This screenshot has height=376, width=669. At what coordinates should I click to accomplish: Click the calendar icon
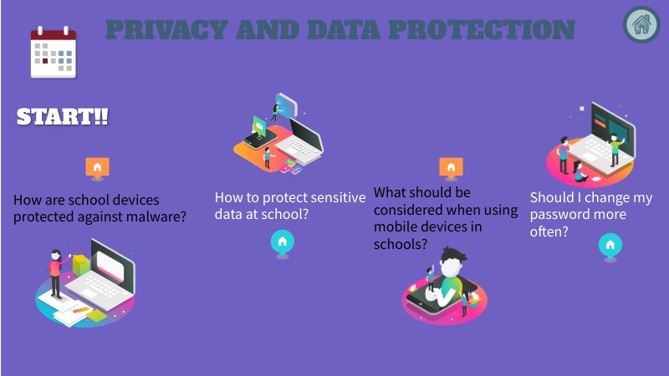(53, 53)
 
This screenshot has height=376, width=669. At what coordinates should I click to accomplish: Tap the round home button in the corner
(641, 24)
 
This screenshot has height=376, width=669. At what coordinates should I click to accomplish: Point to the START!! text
(63, 117)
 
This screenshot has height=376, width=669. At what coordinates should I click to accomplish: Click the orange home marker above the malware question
(98, 167)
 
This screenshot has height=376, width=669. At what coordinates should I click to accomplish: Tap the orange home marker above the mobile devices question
(452, 167)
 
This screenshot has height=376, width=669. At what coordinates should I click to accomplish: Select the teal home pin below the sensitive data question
(283, 242)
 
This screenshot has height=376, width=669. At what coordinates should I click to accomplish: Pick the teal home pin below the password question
(610, 245)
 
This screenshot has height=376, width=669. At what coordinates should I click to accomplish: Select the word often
(549, 231)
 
